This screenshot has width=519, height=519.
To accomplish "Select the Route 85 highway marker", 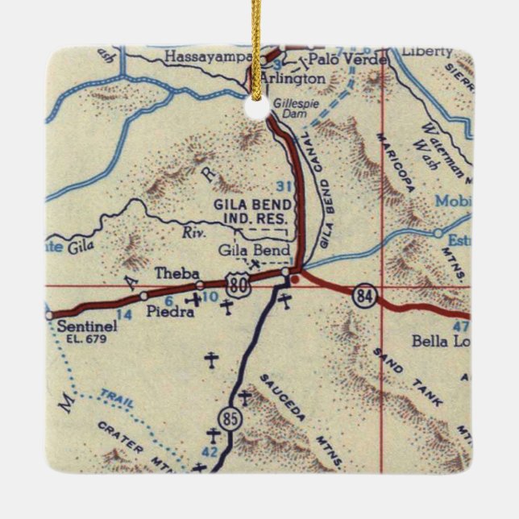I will [227, 418].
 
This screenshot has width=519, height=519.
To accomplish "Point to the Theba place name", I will [176, 274].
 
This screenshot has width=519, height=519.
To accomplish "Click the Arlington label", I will [293, 79].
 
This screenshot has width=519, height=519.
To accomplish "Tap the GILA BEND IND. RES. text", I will [252, 211].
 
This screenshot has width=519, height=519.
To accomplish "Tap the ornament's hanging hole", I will [256, 107].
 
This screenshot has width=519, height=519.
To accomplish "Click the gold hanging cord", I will [257, 40].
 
